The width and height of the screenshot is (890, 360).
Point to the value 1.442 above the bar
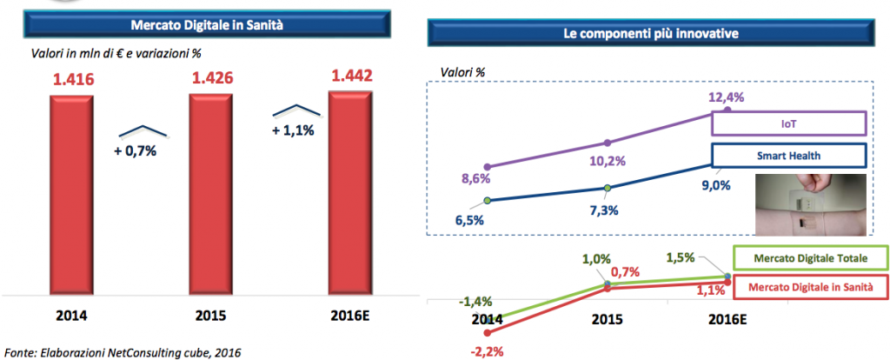click(x=351, y=77)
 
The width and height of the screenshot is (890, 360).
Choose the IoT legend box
click(x=788, y=123)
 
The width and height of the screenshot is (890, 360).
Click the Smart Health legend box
click(x=788, y=156)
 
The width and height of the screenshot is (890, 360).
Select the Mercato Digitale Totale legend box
click(x=810, y=259)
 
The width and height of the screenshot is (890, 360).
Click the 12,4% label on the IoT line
click(x=727, y=97)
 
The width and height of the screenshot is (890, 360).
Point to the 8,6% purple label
click(x=476, y=179)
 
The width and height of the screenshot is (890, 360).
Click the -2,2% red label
click(x=488, y=351)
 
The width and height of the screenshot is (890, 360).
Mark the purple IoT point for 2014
click(x=488, y=166)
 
